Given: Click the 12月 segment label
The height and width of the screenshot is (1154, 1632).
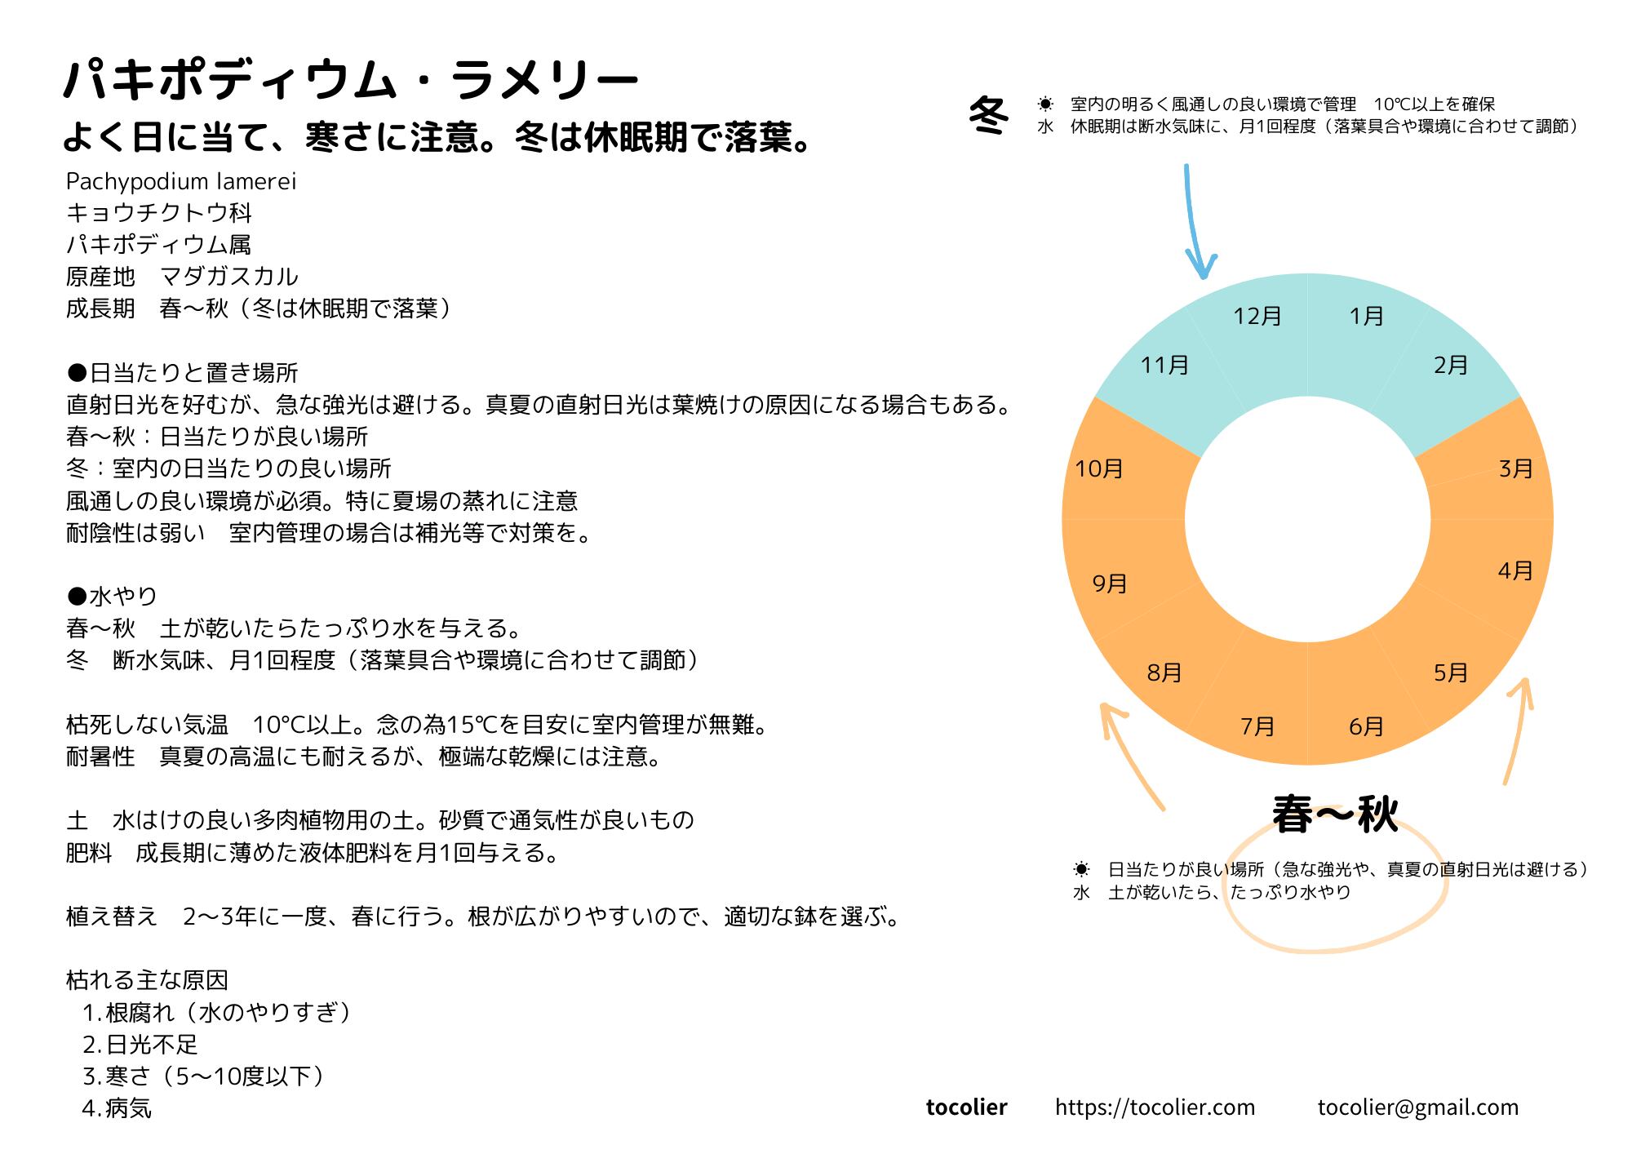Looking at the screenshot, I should tap(1257, 317).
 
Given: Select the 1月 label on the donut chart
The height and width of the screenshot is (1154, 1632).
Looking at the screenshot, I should tap(1366, 317).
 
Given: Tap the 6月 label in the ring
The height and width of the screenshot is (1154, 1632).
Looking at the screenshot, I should tap(1366, 726).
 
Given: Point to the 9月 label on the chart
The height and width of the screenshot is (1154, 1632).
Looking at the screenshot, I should tap(1110, 584).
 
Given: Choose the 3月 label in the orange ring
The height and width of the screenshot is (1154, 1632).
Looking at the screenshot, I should tap(1515, 469).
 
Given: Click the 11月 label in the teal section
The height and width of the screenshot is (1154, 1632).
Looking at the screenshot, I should tap(1164, 365).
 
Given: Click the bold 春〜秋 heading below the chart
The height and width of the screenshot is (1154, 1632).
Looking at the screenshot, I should tap(1335, 815).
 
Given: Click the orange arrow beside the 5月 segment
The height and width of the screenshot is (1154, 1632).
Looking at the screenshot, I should tap(1518, 730).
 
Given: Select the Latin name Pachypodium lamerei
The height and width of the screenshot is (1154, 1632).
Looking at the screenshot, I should tap(181, 181).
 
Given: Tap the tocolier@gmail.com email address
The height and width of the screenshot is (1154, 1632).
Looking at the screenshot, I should tap(1417, 1107).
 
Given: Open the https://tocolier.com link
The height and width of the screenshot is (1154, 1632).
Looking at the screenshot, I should tap(1155, 1107).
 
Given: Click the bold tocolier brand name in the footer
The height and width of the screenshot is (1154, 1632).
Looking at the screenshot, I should tap(966, 1107).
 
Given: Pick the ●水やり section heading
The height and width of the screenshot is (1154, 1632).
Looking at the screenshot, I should tap(112, 597).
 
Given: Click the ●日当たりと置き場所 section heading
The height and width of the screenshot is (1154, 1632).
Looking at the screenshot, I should tap(182, 373).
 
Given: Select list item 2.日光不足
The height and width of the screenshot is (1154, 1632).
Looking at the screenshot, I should tap(140, 1045).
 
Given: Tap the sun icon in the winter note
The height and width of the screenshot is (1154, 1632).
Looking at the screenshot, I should tap(1045, 104).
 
